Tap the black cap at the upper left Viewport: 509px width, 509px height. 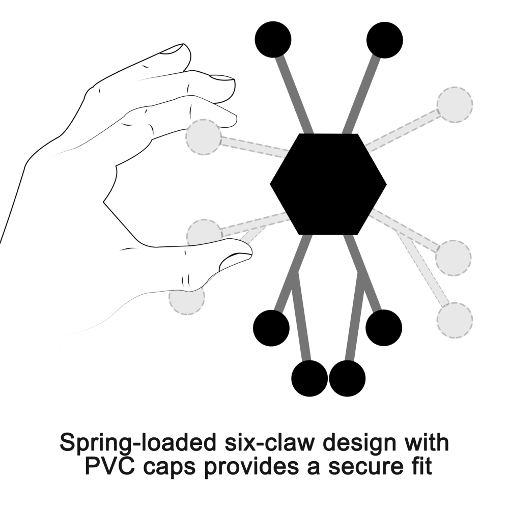(x=273, y=39)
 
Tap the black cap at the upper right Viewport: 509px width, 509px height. (x=385, y=39)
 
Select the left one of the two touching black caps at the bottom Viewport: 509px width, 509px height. (x=309, y=378)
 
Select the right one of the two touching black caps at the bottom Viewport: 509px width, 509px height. (x=347, y=378)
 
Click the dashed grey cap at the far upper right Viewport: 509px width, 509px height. (x=454, y=104)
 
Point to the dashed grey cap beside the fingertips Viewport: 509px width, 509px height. (x=203, y=137)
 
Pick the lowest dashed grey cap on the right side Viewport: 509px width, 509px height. (x=455, y=320)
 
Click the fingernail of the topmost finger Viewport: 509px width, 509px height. (x=173, y=49)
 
